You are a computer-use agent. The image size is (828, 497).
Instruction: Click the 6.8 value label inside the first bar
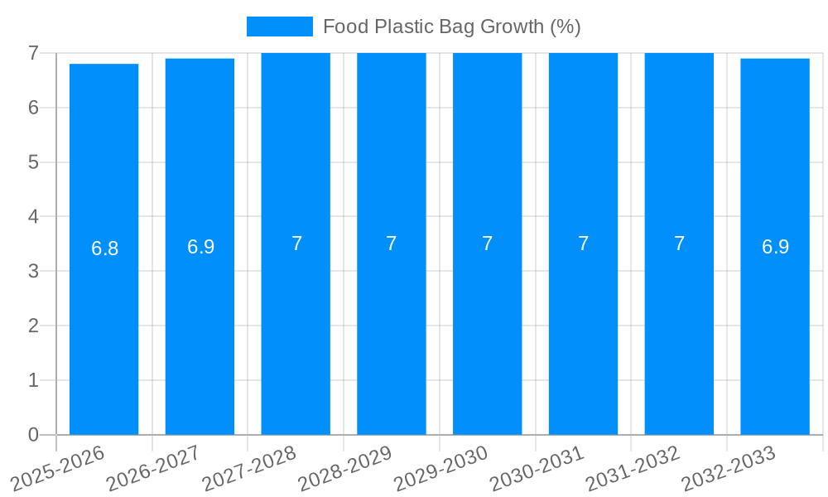[x=105, y=248]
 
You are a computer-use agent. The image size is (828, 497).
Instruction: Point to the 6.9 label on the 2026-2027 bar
[x=200, y=247]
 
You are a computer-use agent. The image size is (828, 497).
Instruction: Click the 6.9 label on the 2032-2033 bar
[x=775, y=247]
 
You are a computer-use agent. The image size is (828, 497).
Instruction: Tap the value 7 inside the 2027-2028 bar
[x=296, y=244]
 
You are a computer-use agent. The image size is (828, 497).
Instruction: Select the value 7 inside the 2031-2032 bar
[x=679, y=244]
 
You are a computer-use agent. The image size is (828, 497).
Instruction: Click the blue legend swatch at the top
[x=279, y=27]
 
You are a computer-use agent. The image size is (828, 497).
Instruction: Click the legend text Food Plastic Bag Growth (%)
[x=451, y=27]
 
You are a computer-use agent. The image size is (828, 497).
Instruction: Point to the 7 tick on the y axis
[x=33, y=53]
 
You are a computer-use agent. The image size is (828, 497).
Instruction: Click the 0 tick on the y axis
[x=33, y=435]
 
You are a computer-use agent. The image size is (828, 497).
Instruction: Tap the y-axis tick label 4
[x=33, y=217]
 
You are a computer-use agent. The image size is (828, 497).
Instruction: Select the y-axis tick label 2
[x=33, y=326]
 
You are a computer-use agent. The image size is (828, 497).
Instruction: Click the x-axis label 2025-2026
[x=59, y=467]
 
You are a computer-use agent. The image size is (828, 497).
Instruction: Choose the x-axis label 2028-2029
[x=345, y=467]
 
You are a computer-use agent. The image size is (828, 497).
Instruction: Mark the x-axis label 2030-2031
[x=537, y=467]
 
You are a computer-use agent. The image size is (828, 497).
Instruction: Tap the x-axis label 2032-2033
[x=729, y=467]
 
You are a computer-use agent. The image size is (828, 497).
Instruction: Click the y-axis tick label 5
[x=33, y=162]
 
